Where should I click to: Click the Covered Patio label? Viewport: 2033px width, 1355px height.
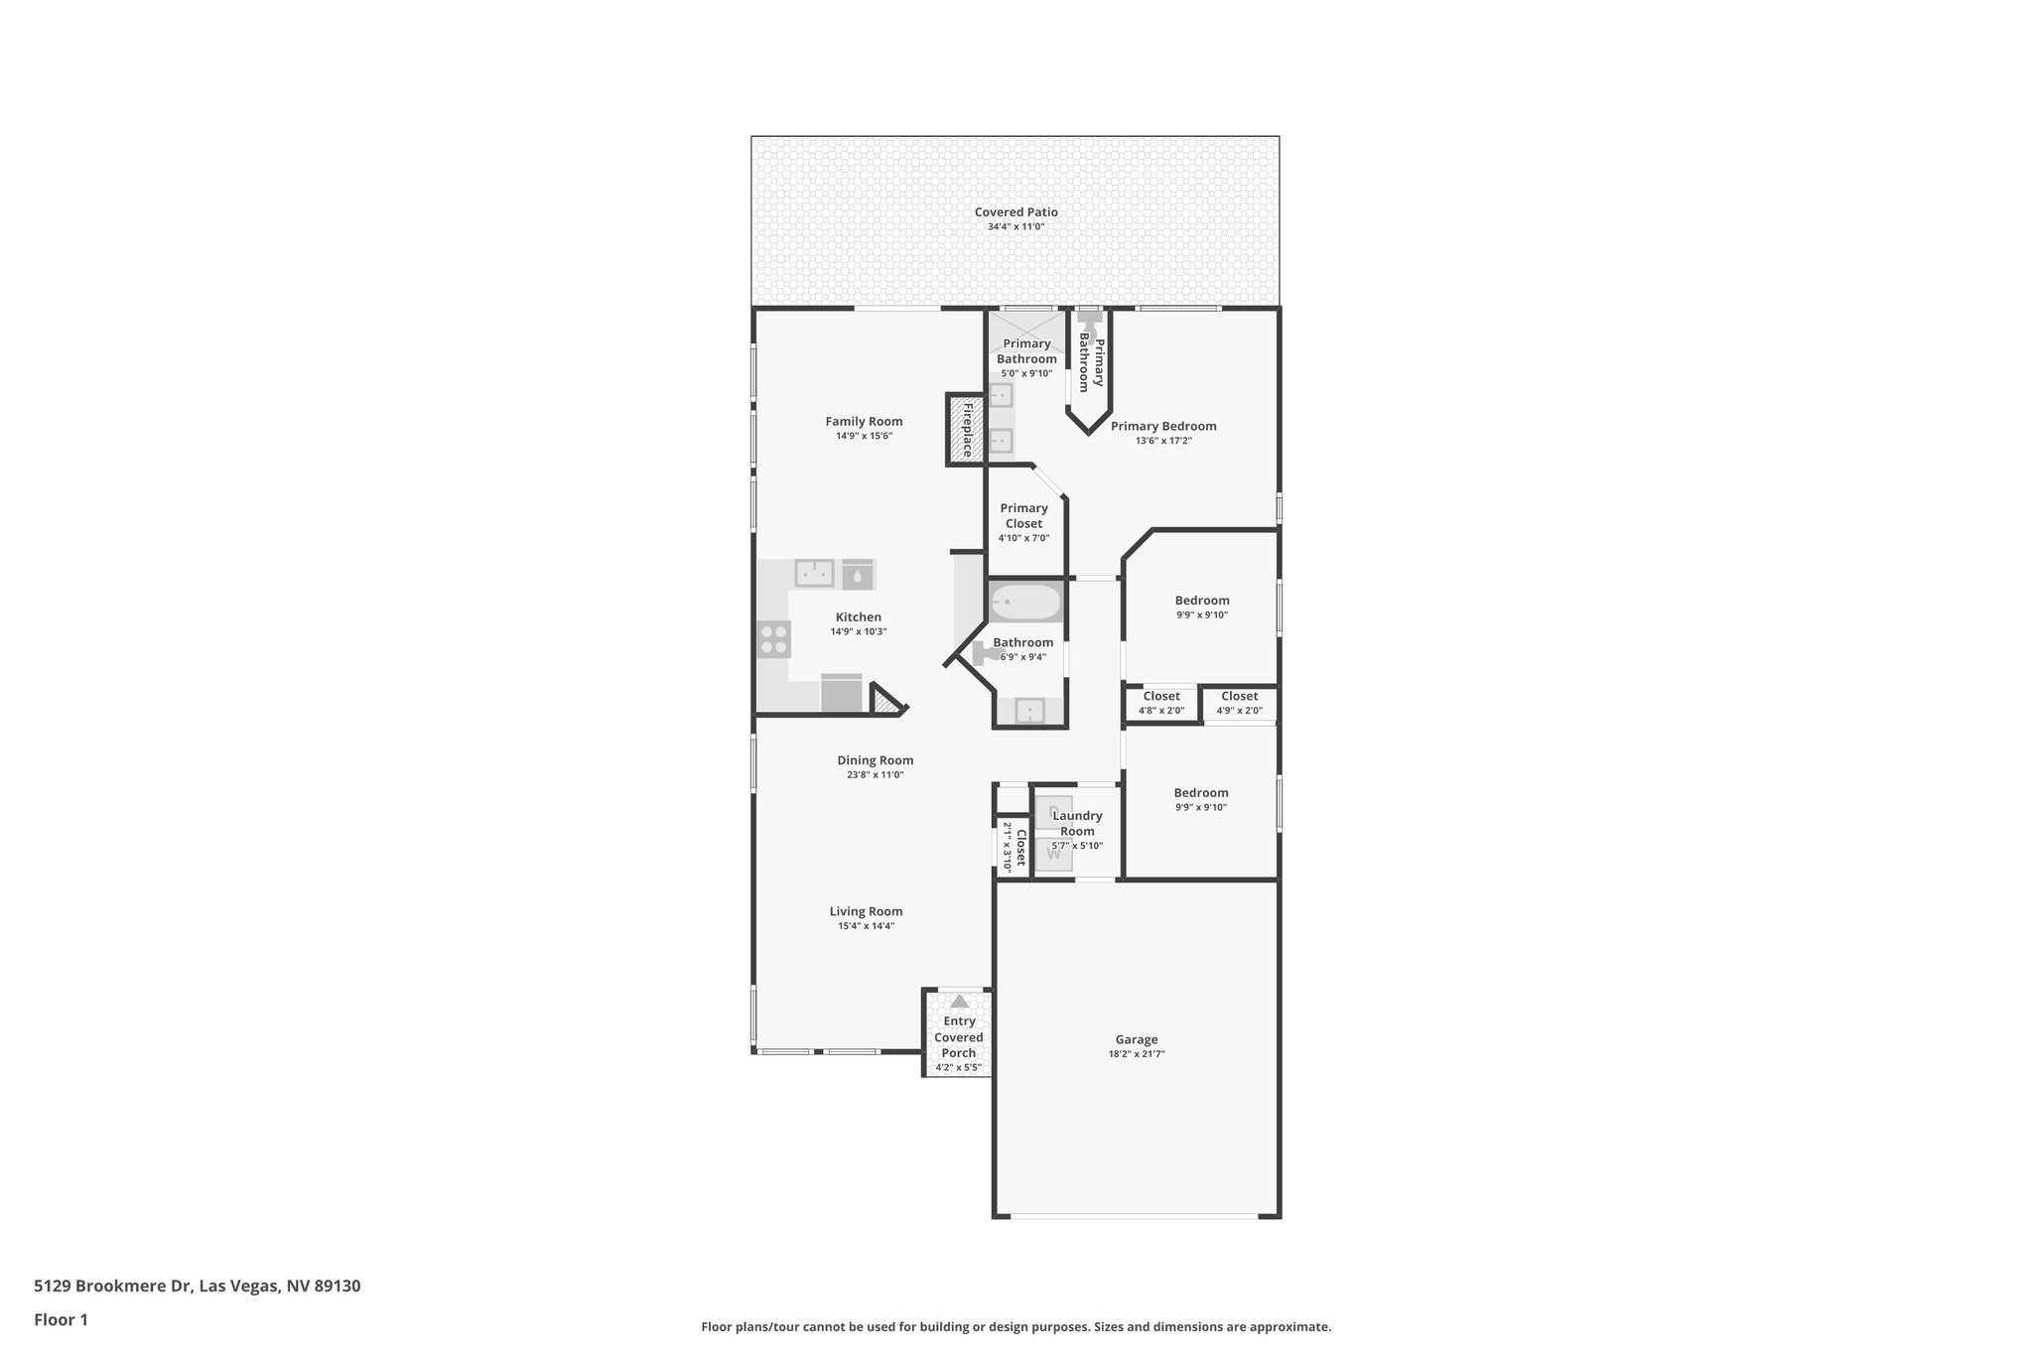1016,211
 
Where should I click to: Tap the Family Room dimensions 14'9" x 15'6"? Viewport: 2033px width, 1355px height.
864,436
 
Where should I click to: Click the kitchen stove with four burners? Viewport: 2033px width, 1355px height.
774,639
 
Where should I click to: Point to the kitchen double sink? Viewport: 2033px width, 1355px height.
814,574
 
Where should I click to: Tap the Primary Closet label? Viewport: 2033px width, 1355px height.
1023,515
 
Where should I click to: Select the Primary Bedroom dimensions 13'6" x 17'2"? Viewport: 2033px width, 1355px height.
1163,441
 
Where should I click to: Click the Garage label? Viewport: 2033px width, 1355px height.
1136,1039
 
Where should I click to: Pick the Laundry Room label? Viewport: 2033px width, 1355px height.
1077,823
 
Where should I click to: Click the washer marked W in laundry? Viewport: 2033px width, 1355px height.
1054,854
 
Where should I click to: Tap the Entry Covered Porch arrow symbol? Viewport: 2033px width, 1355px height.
959,1002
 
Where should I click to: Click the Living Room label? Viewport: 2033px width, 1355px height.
866,911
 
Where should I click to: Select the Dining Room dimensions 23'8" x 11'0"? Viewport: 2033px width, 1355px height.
875,775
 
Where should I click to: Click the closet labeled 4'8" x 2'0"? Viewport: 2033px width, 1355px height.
1160,703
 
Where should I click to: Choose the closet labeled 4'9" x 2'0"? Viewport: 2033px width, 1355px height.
1239,703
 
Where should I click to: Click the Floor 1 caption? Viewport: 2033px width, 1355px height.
61,1320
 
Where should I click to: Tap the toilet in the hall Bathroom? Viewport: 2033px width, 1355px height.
986,652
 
